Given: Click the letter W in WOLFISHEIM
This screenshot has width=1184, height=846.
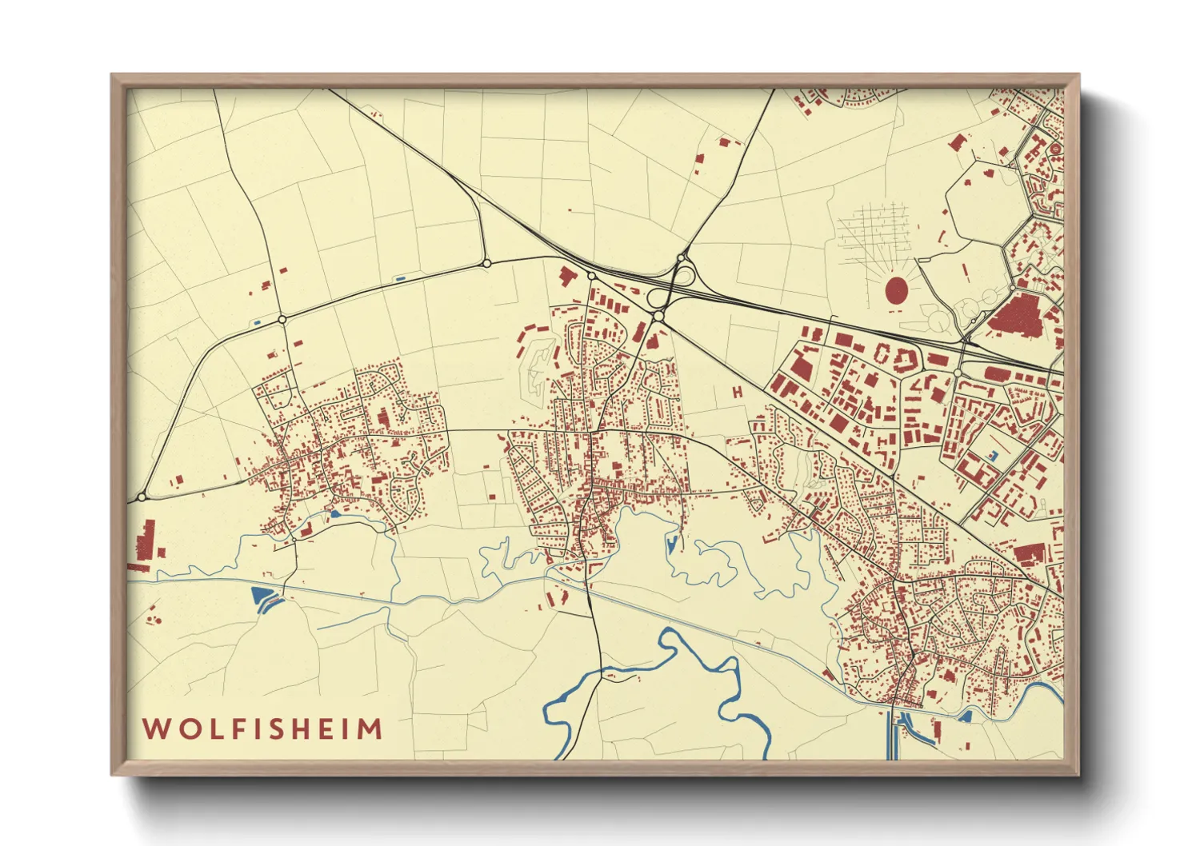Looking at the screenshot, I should pyautogui.click(x=155, y=729).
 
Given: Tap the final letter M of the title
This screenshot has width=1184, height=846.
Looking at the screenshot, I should pyautogui.click(x=369, y=729).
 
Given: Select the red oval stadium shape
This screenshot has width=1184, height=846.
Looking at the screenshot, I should pyautogui.click(x=897, y=290).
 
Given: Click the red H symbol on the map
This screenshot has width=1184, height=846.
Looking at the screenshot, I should pyautogui.click(x=737, y=392).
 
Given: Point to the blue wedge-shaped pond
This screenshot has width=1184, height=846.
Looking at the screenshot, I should pyautogui.click(x=262, y=596).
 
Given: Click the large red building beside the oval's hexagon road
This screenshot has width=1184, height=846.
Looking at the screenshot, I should pyautogui.click(x=1019, y=313).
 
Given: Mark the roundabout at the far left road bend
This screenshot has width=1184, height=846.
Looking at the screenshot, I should pyautogui.click(x=142, y=497).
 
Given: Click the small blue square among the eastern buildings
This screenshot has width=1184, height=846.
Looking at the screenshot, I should pyautogui.click(x=994, y=455).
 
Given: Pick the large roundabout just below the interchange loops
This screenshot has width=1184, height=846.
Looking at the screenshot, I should pyautogui.click(x=658, y=317).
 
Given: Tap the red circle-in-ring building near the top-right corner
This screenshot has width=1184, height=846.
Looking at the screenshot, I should pyautogui.click(x=1055, y=149).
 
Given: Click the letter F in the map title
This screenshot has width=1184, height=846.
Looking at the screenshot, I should pyautogui.click(x=234, y=729).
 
